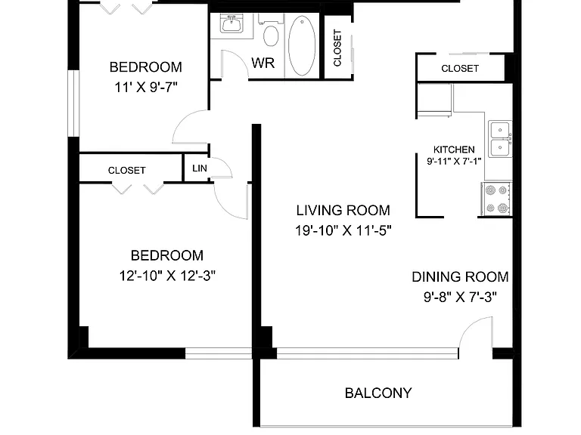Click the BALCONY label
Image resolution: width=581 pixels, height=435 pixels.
tap(378, 393)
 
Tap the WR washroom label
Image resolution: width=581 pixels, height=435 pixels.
tap(263, 63)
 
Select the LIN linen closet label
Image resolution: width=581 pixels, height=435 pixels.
tap(200, 168)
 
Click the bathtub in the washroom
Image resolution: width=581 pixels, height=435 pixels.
tap(302, 46)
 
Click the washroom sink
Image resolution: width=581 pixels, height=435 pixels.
tap(231, 24)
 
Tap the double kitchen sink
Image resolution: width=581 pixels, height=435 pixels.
tap(500, 139)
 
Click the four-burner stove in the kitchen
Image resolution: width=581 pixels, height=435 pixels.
tap(496, 199)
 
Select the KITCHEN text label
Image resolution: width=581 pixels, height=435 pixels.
tap(454, 150)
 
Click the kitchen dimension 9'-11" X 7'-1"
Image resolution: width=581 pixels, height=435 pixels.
tap(454, 162)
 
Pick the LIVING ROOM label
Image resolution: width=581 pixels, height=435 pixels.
tap(343, 211)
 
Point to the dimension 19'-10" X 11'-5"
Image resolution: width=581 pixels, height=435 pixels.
tap(343, 230)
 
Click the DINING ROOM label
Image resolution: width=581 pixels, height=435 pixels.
tap(460, 277)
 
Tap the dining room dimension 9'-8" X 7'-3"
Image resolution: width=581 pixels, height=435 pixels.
tap(460, 297)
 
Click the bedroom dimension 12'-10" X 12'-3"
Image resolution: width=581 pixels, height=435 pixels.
tap(167, 276)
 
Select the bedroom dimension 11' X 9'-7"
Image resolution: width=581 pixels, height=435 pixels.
tap(145, 88)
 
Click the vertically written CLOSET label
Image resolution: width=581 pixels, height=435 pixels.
tap(337, 48)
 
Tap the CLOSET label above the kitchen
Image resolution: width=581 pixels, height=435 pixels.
tap(460, 69)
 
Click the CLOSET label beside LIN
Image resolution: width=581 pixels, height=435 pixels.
tap(127, 171)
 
